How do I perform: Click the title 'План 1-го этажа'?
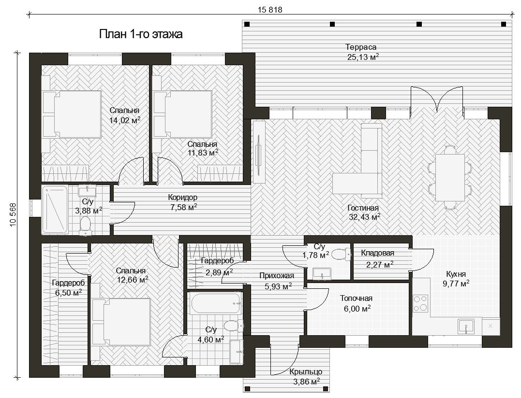(x=141, y=34)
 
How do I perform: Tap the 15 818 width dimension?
(x=270, y=10)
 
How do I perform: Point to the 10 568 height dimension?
(x=13, y=214)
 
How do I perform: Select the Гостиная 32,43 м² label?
(x=364, y=213)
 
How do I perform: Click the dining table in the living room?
(x=449, y=177)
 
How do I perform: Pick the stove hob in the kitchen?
(x=420, y=303)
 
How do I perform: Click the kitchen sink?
(x=466, y=327)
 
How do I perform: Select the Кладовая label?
(x=377, y=253)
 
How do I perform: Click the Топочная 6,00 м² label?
(x=356, y=303)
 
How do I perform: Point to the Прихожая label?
(x=276, y=276)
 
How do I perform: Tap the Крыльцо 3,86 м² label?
(x=306, y=377)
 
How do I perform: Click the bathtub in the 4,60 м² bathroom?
(x=215, y=303)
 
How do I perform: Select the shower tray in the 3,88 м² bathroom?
(x=55, y=210)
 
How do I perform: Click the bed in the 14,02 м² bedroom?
(x=72, y=114)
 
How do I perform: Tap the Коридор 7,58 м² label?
(x=182, y=202)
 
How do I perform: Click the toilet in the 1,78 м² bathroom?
(x=342, y=254)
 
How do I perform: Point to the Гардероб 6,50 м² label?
(x=68, y=287)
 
